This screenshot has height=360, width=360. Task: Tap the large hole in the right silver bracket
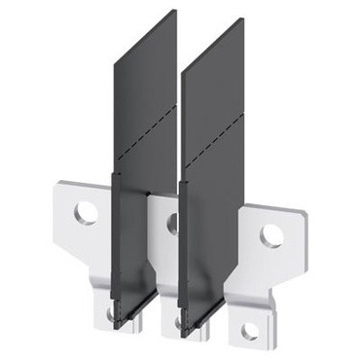271,235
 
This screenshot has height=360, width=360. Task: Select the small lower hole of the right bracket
250,332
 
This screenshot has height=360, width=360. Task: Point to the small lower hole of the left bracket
112,313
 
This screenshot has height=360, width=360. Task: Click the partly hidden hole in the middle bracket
174,223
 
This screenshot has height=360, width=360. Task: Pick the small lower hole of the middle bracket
178,322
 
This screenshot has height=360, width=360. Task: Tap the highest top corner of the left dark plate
176,11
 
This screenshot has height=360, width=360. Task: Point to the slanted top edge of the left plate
146,33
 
